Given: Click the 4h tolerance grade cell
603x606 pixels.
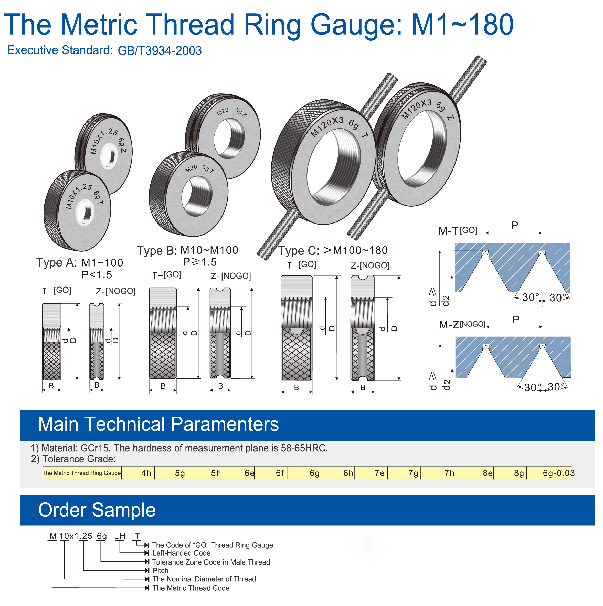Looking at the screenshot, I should point(146,473).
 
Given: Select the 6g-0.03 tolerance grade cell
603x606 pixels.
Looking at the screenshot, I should point(558,473).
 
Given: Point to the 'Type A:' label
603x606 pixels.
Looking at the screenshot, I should point(57,262).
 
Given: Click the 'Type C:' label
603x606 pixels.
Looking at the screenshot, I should point(299,251).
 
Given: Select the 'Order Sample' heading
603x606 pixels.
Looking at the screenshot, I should point(97,510).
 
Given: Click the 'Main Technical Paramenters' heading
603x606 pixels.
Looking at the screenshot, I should point(158,424).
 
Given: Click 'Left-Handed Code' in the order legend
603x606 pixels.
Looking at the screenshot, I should point(181,553).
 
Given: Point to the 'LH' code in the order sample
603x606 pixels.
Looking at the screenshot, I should point(120,536).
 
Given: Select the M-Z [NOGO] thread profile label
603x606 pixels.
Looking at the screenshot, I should point(462,325).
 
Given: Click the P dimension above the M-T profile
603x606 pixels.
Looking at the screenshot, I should point(514,225).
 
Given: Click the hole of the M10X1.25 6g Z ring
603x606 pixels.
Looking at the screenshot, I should point(109,156).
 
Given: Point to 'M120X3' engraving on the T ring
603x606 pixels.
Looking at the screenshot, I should point(327,127).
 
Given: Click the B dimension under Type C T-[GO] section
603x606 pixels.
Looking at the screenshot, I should point(296,388).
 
